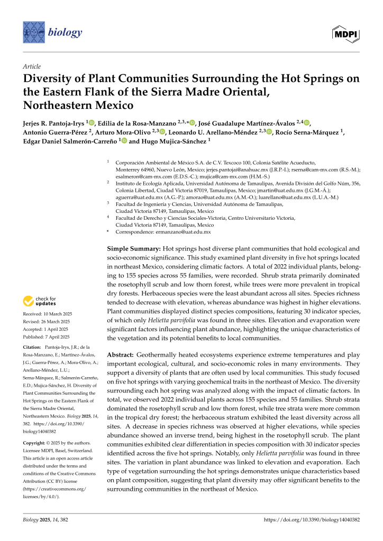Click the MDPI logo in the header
pyautogui.click(x=346, y=33)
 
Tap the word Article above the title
pyautogui.click(x=32, y=66)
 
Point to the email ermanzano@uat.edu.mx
pyautogui.click(x=183, y=232)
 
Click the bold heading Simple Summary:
pyautogui.click(x=134, y=248)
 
